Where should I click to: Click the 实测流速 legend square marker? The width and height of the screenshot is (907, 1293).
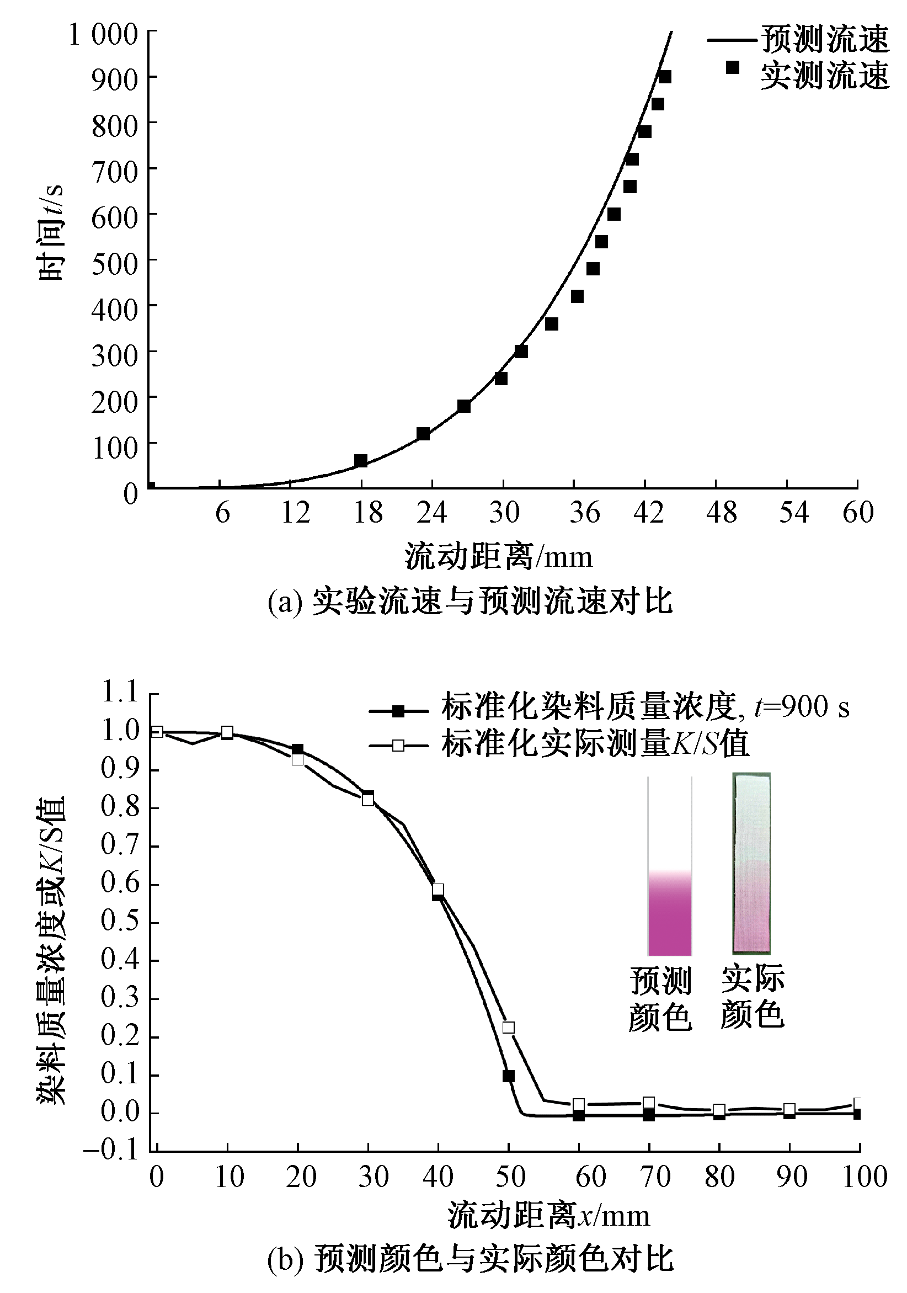[732, 67]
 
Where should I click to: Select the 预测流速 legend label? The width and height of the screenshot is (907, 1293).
[825, 39]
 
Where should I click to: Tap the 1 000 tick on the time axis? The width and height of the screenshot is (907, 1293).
[103, 35]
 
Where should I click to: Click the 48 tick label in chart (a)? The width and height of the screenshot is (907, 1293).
[721, 513]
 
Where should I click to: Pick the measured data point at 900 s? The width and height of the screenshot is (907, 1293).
[665, 77]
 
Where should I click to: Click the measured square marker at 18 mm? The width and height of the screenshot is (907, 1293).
[361, 461]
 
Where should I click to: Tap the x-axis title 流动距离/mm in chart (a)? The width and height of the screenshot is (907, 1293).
[498, 557]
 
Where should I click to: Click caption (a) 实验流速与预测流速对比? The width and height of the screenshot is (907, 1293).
[470, 602]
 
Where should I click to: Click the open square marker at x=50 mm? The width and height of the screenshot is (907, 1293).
[508, 1027]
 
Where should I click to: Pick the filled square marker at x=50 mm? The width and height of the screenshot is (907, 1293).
[508, 1076]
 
